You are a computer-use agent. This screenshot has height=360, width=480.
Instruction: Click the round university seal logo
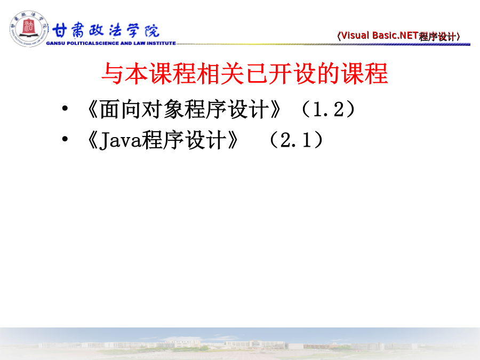click(x=28, y=29)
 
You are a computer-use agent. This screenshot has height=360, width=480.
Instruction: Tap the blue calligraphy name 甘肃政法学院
click(x=106, y=30)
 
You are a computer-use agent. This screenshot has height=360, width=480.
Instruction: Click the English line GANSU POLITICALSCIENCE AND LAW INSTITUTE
click(x=111, y=43)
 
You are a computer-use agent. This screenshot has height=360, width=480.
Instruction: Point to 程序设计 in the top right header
click(x=438, y=37)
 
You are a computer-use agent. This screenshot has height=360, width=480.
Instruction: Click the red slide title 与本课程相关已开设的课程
click(x=245, y=74)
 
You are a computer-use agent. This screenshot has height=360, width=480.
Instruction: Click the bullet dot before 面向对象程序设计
click(x=65, y=108)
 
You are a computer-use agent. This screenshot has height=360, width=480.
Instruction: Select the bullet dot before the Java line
click(x=65, y=139)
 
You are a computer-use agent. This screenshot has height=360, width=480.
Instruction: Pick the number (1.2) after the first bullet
click(x=328, y=109)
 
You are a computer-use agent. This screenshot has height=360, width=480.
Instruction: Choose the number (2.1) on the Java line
click(x=296, y=140)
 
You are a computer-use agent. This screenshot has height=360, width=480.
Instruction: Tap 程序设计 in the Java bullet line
click(x=183, y=140)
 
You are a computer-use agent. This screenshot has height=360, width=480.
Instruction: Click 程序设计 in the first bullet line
click(x=226, y=109)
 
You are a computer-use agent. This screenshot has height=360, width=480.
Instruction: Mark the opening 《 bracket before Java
click(x=92, y=140)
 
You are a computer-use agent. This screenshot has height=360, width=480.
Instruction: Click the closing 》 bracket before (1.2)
click(x=275, y=109)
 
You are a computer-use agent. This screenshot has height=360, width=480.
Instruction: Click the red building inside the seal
click(x=28, y=27)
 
